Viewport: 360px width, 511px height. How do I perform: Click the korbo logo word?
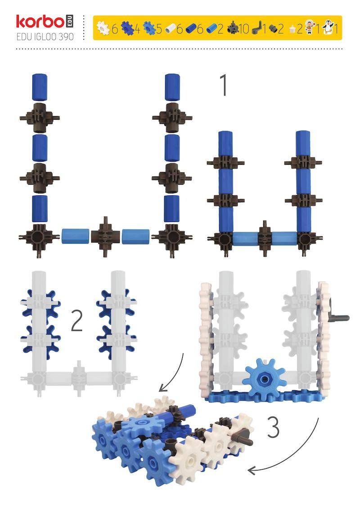click(x=40, y=22)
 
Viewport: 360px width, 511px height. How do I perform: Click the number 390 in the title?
click(x=66, y=36)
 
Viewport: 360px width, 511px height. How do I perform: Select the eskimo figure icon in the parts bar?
click(x=310, y=28)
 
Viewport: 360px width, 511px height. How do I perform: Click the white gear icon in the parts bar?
click(x=103, y=28)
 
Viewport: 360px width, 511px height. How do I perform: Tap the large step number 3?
click(x=273, y=427)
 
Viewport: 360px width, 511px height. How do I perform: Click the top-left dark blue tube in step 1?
click(x=40, y=87)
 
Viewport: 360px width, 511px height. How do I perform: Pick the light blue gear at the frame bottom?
click(x=264, y=378)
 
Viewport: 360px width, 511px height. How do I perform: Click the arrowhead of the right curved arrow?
click(x=252, y=470)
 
